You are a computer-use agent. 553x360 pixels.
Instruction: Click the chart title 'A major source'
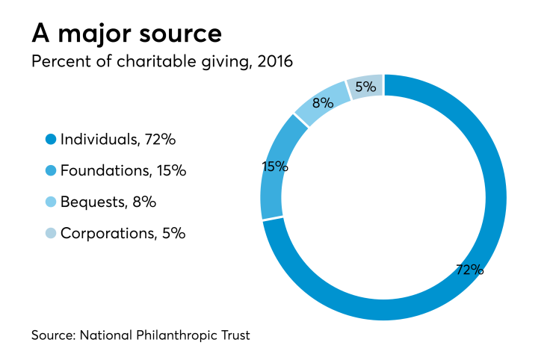tap(126, 34)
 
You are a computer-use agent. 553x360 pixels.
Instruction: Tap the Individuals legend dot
tap(51, 139)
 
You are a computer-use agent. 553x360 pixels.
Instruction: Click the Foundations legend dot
tap(51, 170)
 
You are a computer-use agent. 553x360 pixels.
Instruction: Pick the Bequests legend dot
tap(51, 202)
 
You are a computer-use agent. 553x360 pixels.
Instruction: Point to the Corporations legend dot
tap(51, 233)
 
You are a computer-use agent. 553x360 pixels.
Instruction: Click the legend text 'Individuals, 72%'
tap(117, 139)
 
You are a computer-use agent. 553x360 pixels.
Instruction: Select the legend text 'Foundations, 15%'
tap(123, 170)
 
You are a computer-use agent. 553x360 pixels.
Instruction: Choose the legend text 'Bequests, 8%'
tap(108, 202)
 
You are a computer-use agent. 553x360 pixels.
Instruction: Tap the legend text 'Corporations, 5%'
tap(123, 233)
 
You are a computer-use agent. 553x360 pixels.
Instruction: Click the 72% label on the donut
tap(469, 270)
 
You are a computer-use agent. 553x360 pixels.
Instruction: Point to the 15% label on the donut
tap(275, 166)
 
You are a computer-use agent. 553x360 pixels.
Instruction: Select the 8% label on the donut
tap(322, 103)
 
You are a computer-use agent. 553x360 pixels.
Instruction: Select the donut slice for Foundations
tap(272, 187)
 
